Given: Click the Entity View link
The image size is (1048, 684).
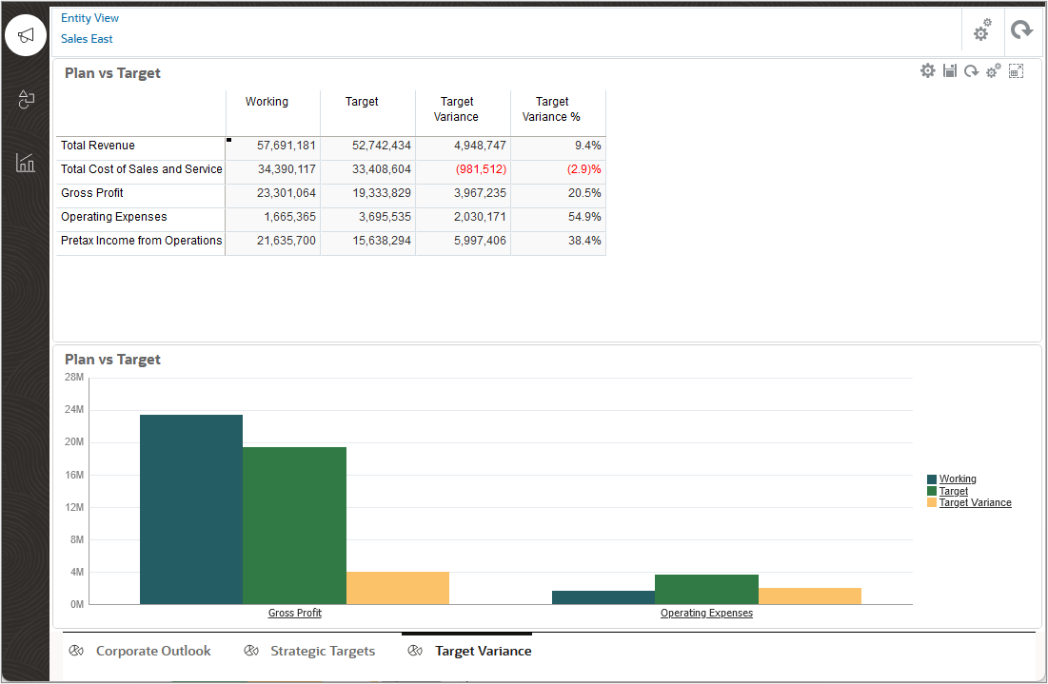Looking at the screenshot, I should (x=89, y=18).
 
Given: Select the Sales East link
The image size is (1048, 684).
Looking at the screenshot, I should (x=87, y=39).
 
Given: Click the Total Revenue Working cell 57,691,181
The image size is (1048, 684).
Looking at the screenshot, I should (x=286, y=146).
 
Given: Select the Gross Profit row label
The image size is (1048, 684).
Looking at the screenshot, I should (x=92, y=193).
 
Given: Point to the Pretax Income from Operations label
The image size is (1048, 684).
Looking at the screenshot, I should (x=141, y=241).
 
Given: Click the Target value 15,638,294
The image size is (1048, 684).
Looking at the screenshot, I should (x=381, y=241).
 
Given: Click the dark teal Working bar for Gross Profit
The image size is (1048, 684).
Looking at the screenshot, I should (x=191, y=509).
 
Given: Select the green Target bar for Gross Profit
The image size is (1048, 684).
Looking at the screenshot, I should (x=294, y=525).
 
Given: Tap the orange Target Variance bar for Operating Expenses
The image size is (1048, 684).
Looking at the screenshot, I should (x=809, y=596).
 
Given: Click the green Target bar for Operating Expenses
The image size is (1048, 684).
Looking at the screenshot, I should (x=706, y=589).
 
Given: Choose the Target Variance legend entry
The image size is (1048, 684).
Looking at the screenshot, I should (x=975, y=502).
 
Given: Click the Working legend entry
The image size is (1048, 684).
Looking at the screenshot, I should (x=958, y=479).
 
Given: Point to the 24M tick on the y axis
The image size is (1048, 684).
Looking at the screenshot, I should (x=73, y=409).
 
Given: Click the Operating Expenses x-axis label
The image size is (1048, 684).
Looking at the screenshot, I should (x=706, y=614).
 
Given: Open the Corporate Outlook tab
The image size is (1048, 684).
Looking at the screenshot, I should (x=153, y=651).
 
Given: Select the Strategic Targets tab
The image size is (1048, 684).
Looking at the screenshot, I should (x=323, y=651).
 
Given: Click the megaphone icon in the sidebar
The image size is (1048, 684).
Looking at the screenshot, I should (x=26, y=35).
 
